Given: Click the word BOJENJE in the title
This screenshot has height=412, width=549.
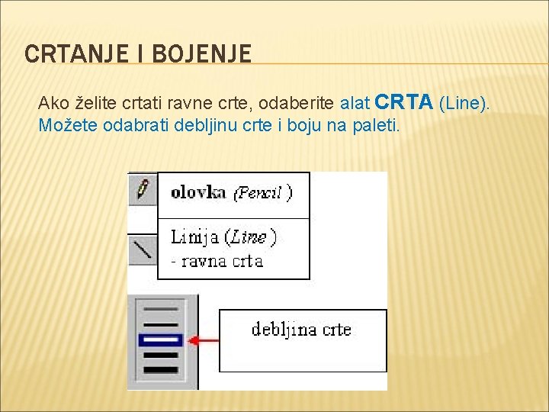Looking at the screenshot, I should click(x=202, y=54).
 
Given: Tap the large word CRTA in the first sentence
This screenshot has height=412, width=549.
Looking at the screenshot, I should click(x=405, y=102).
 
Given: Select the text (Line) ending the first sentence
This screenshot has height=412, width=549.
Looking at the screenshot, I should click(x=464, y=103).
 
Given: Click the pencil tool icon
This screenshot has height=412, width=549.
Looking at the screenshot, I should click(x=142, y=188).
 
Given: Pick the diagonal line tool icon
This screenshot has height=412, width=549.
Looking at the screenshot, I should click(x=142, y=249).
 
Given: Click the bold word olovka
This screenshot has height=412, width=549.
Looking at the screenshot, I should click(x=198, y=192).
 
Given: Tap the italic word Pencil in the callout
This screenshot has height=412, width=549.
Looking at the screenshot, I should click(x=262, y=193).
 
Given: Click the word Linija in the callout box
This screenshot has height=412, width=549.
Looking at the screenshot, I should click(x=194, y=237).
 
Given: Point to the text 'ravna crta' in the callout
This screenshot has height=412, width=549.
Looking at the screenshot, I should click(x=222, y=261).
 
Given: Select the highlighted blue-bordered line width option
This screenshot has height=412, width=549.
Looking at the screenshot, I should click(x=162, y=340).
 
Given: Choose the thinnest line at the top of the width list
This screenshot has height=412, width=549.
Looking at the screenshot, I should click(x=161, y=309).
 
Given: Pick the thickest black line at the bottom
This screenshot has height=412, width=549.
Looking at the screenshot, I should click(x=161, y=369).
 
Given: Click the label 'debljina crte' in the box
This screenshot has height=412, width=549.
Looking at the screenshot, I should click(x=302, y=330).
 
